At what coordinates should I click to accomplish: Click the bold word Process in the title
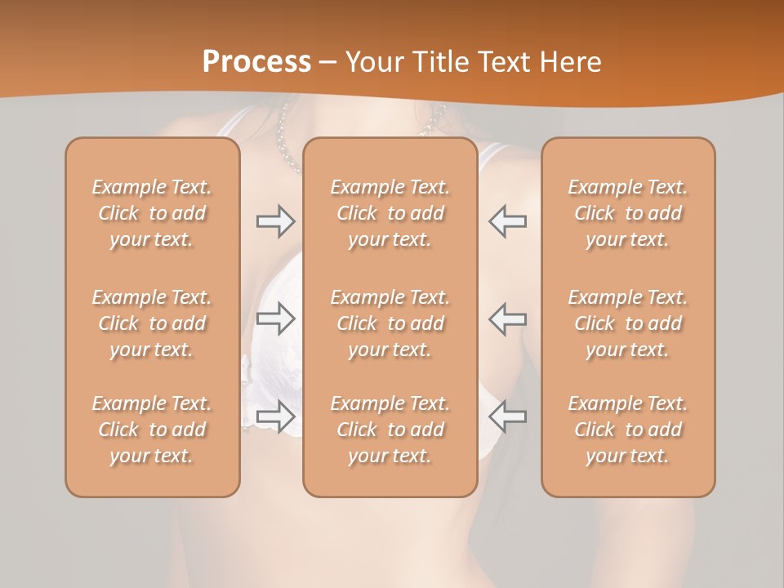[x=256, y=62]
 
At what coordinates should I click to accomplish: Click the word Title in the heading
[x=443, y=62]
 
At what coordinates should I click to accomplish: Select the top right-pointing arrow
[x=275, y=220]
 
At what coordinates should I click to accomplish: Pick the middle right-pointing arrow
[x=275, y=318]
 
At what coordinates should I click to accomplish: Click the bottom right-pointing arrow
[x=275, y=416]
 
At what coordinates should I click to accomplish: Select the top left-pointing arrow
[x=507, y=220]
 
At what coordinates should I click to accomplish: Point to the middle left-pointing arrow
[x=507, y=318]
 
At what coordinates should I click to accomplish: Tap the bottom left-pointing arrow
[x=507, y=416]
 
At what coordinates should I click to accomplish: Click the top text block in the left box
[x=152, y=213]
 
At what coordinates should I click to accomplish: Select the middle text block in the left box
[x=152, y=323]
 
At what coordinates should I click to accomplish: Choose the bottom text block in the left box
[x=152, y=430]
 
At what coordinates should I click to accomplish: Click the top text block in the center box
[x=390, y=213]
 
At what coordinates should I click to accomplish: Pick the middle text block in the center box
[x=390, y=323]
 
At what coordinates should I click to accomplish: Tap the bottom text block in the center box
[x=390, y=430]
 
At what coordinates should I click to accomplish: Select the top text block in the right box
[x=628, y=213]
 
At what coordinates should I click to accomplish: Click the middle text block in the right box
[x=628, y=323]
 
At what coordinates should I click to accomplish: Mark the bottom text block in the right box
[x=628, y=430]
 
